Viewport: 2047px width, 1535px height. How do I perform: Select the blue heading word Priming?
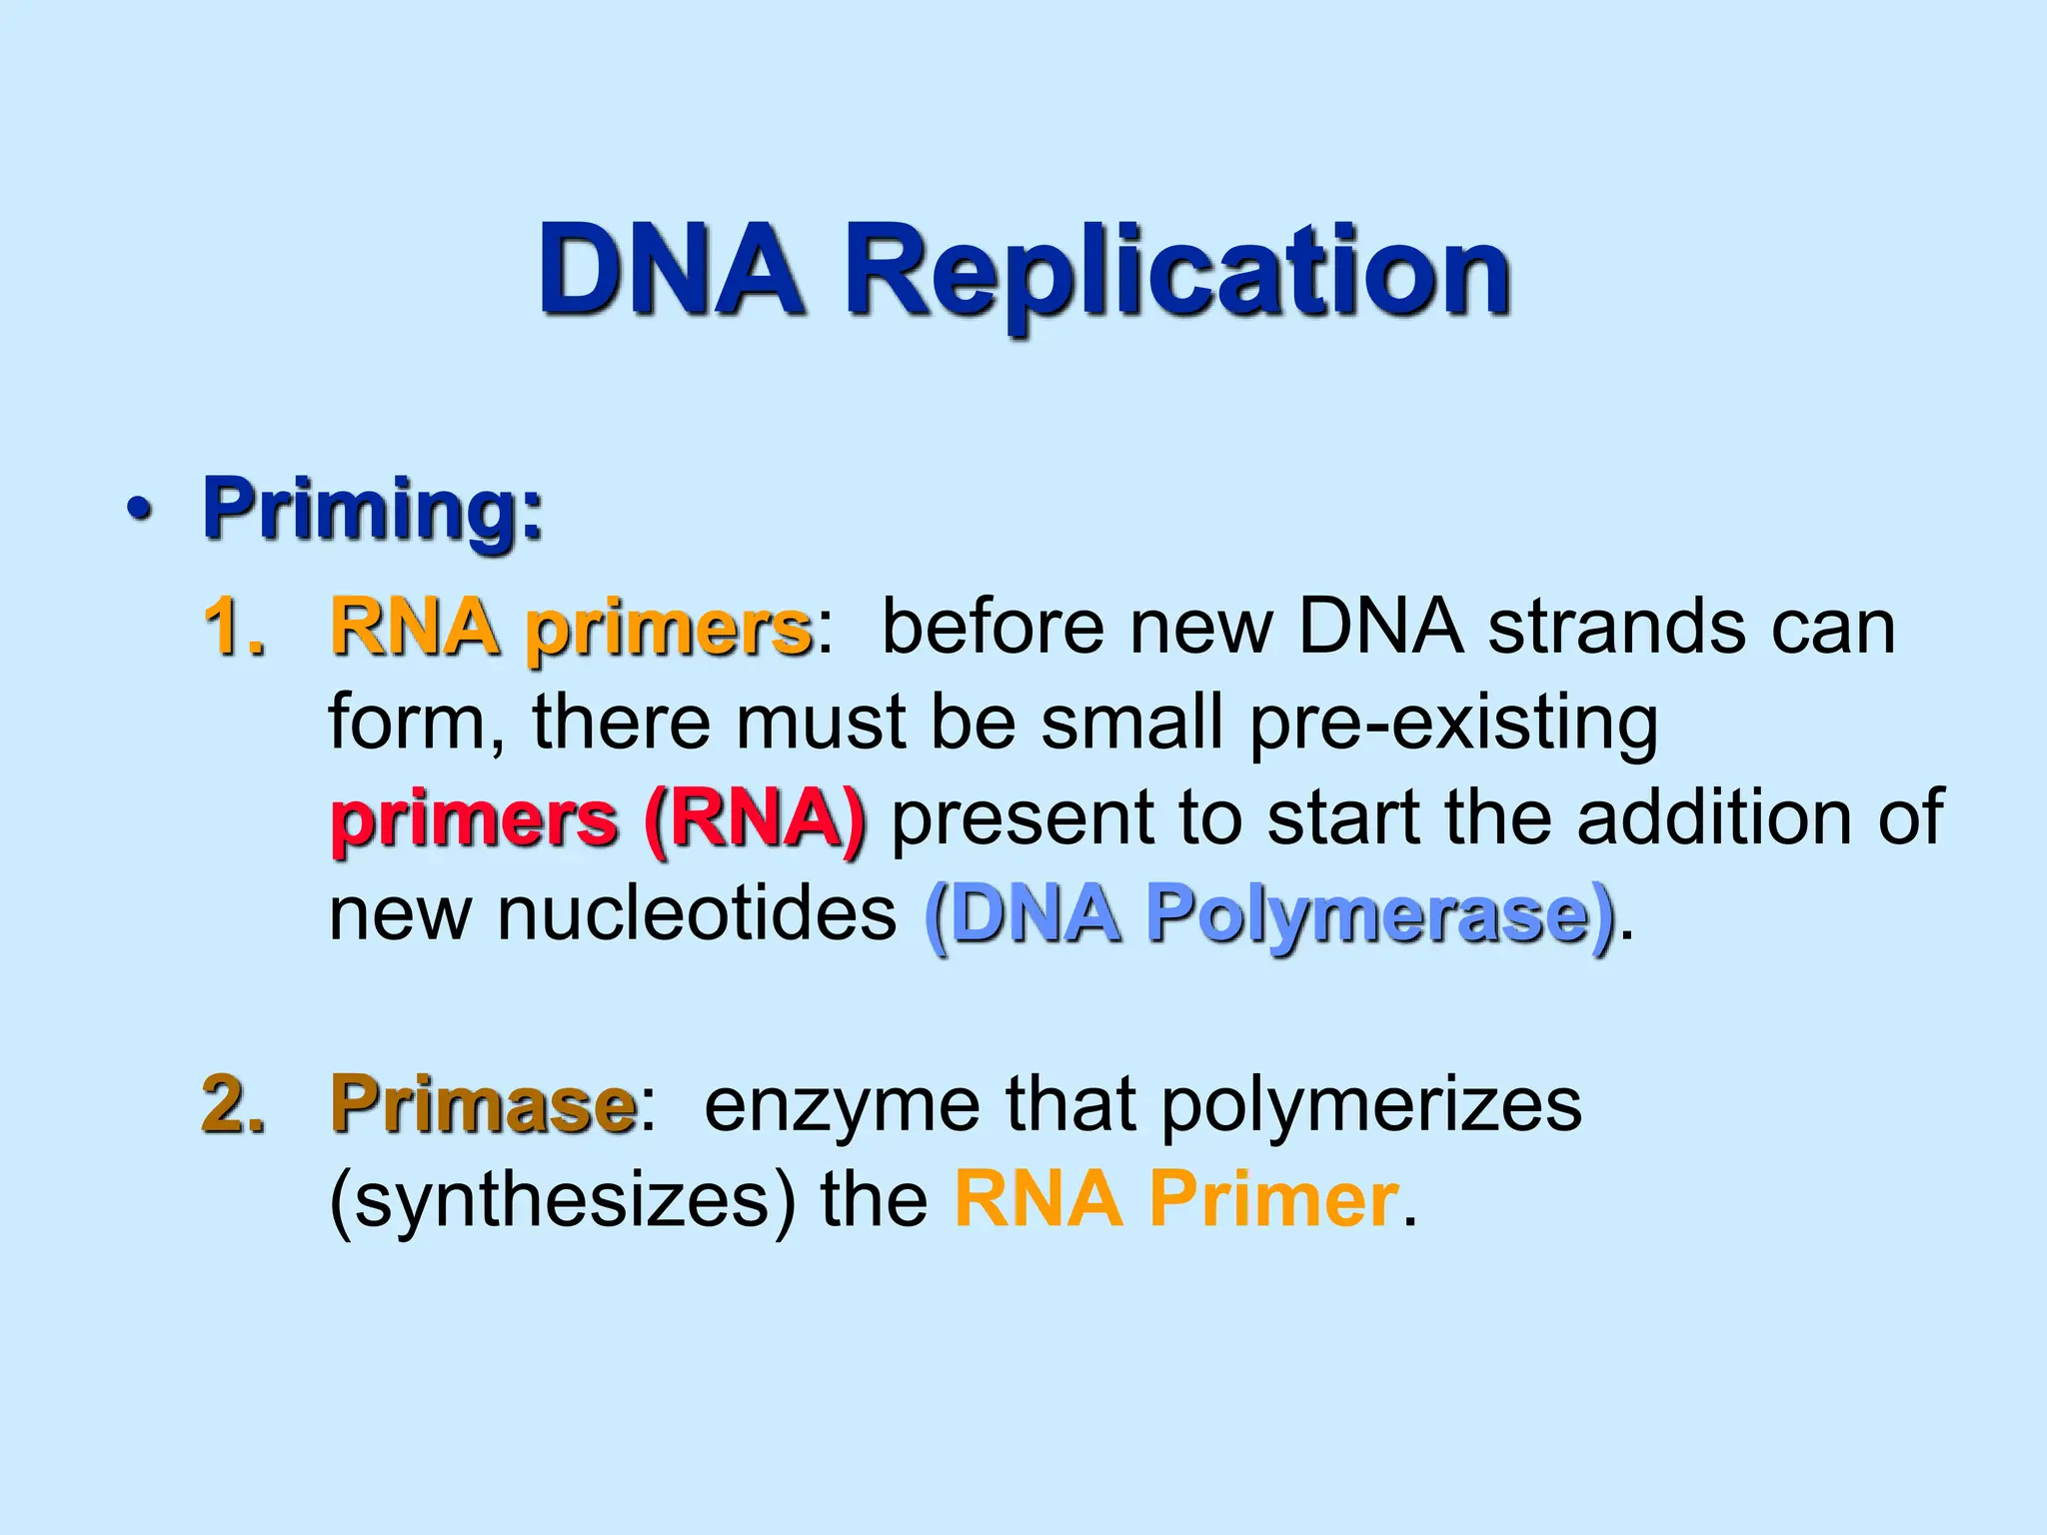pyautogui.click(x=373, y=510)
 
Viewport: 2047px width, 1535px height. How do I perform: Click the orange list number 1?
pyautogui.click(x=235, y=628)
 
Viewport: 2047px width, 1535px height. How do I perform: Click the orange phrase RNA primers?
pyautogui.click(x=570, y=628)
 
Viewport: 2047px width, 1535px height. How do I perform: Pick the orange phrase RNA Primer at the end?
pyautogui.click(x=1175, y=1198)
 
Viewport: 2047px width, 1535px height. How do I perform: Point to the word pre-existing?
pyautogui.click(x=1453, y=724)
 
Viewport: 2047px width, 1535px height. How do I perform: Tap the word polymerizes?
pyautogui.click(x=1371, y=1105)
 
